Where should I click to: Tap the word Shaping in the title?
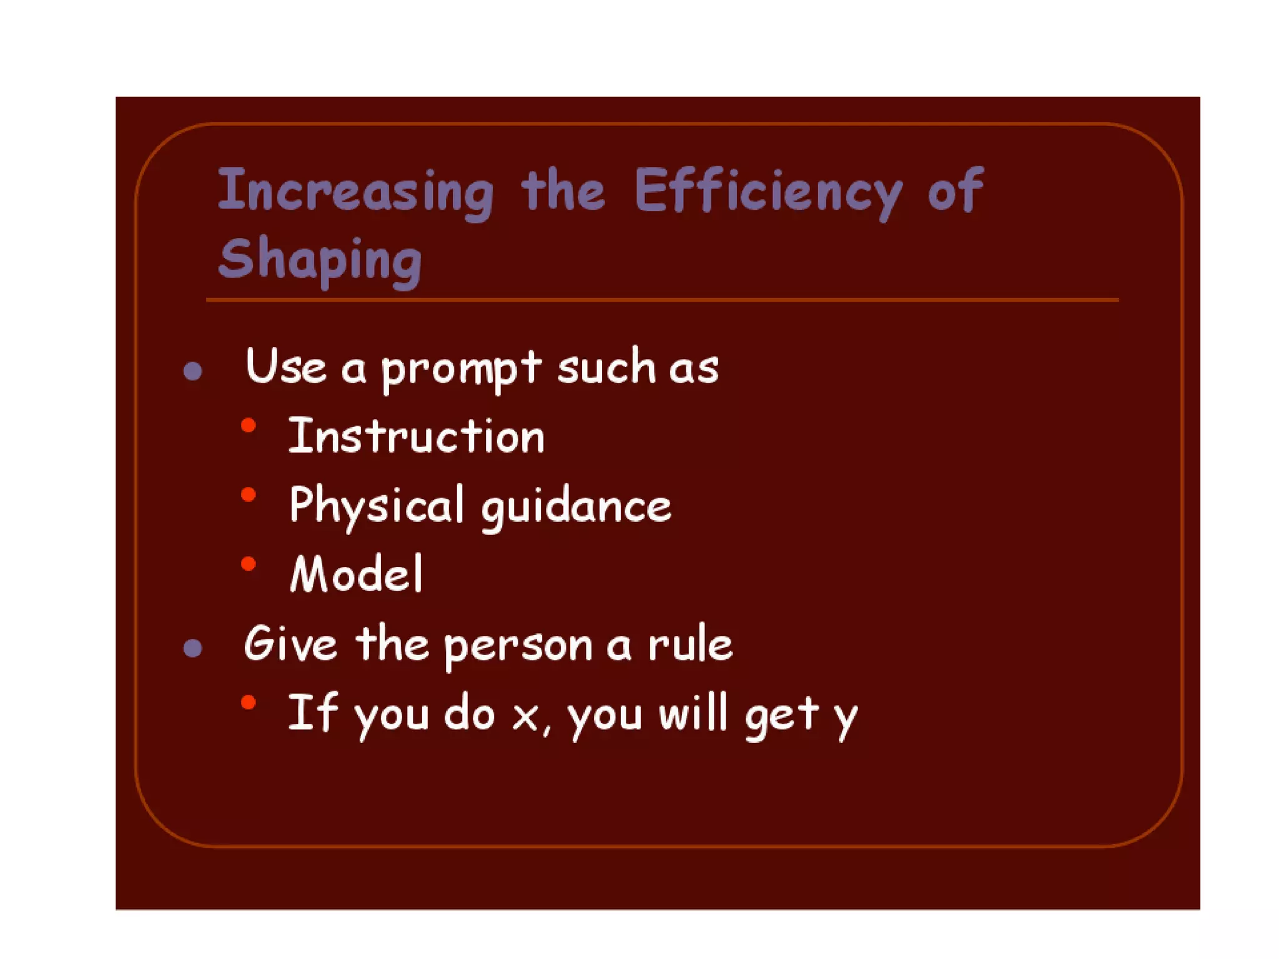click(320, 259)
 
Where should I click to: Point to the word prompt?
click(461, 368)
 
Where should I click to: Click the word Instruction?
click(416, 436)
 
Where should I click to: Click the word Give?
click(290, 643)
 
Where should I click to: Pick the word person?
click(518, 646)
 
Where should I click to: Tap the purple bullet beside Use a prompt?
click(193, 371)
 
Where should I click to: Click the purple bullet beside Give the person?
click(193, 648)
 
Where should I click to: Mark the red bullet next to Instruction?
click(249, 426)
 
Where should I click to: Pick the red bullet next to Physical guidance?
click(249, 495)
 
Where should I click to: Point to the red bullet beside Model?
click(249, 564)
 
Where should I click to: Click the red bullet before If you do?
click(249, 703)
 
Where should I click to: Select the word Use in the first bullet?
click(285, 366)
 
